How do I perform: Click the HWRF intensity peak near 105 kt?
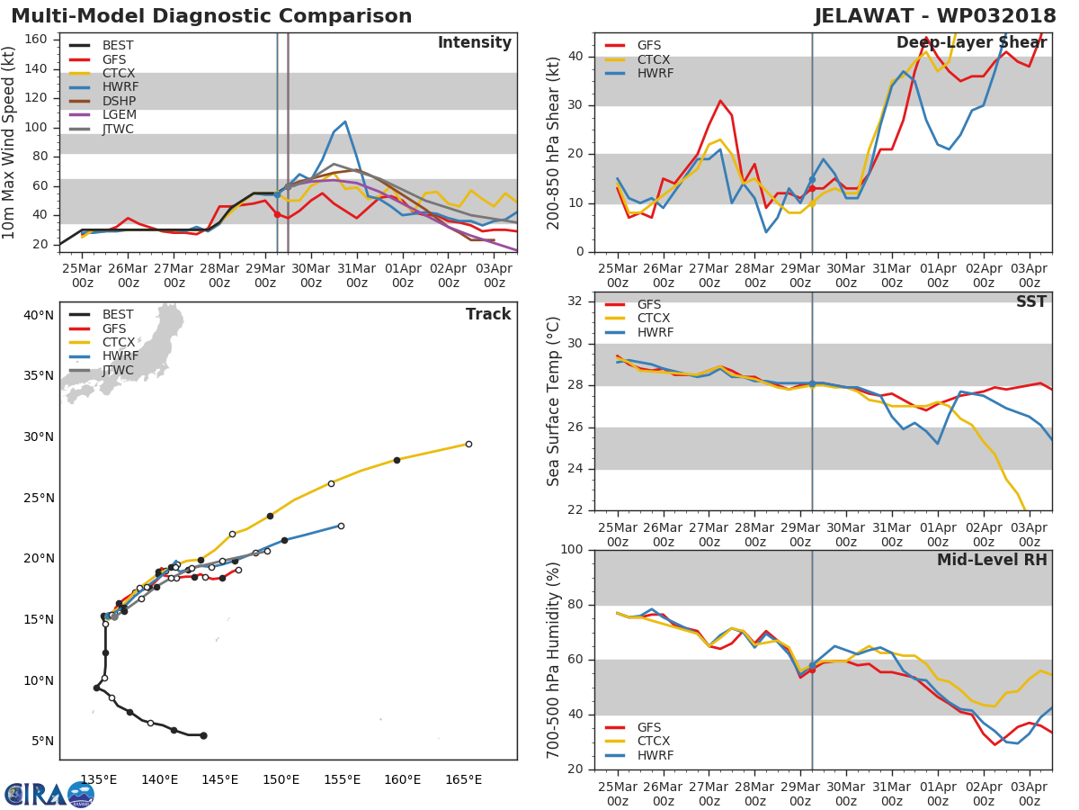[345, 121]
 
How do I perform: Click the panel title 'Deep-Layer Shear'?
[971, 43]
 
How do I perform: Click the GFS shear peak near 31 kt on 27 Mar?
[720, 101]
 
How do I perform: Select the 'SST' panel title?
[1030, 301]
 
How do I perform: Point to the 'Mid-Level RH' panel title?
[992, 560]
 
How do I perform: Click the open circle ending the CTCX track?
[468, 444]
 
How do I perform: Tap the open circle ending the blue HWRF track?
[341, 526]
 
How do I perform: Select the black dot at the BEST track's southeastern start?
[203, 735]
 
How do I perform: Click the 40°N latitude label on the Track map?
[39, 315]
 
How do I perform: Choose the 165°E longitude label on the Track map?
[463, 780]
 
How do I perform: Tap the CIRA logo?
[49, 795]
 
